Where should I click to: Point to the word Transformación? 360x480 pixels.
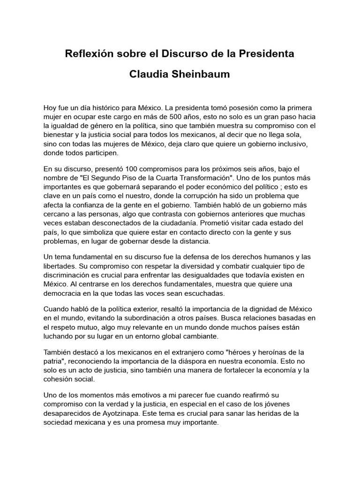click(x=205, y=178)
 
